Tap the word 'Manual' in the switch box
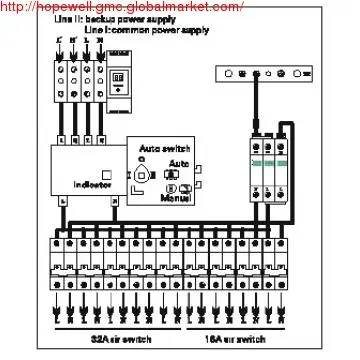(x=176, y=200)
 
